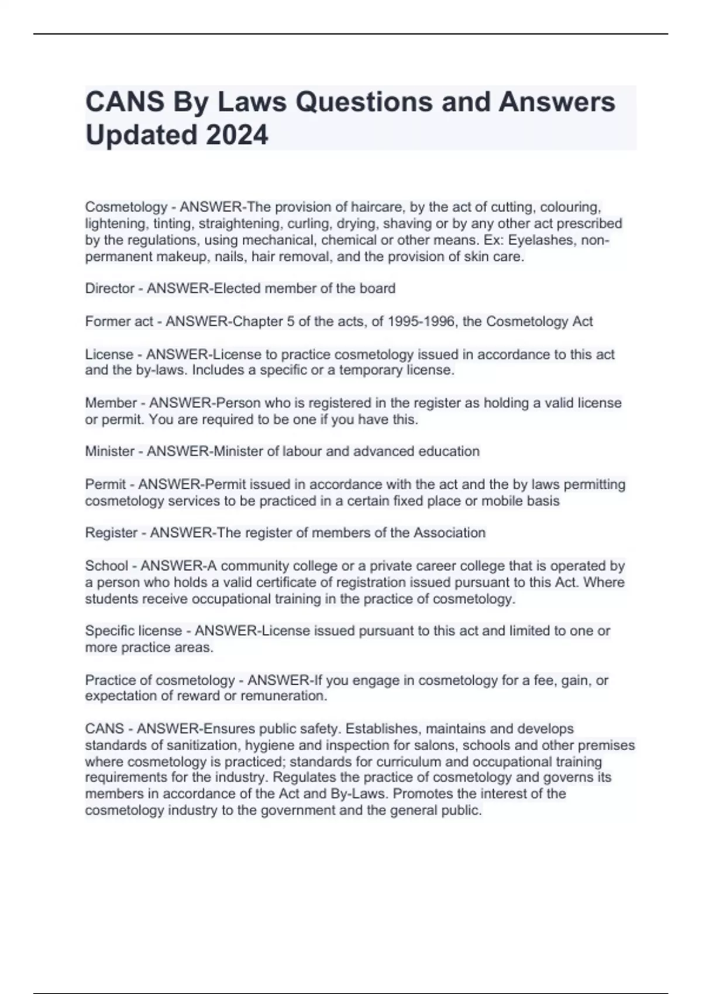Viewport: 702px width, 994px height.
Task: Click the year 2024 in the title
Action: point(236,135)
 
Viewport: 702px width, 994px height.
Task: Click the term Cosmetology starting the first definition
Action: point(126,207)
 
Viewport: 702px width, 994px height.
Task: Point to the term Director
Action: point(110,288)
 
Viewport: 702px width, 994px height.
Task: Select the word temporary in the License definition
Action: point(374,370)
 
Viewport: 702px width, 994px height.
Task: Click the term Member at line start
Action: point(111,403)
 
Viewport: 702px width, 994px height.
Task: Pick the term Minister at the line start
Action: point(110,451)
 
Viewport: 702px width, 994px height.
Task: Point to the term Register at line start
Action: point(111,533)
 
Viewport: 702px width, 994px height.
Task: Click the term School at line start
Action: point(106,565)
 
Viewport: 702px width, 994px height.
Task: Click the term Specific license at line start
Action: point(133,631)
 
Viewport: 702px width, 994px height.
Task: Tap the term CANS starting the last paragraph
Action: point(104,729)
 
